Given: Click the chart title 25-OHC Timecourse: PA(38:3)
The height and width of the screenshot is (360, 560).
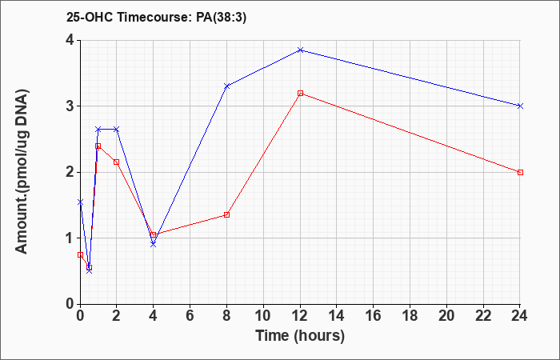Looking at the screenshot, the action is click(x=156, y=18).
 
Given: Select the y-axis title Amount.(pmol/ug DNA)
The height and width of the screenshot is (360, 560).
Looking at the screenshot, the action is click(x=22, y=172).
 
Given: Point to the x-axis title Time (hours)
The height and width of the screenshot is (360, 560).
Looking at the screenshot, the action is click(x=300, y=336).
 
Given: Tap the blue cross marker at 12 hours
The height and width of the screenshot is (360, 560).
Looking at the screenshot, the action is click(x=300, y=50).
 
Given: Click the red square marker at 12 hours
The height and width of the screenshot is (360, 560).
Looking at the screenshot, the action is click(x=300, y=94).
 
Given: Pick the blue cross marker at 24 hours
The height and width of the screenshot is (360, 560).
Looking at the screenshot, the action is click(x=520, y=106).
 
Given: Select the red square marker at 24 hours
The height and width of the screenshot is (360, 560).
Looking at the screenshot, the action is click(x=520, y=173).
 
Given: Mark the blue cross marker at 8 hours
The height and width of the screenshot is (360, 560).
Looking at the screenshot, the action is click(x=226, y=86).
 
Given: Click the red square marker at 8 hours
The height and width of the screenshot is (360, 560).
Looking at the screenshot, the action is click(x=226, y=214).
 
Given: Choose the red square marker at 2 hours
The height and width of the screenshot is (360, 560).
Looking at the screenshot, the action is click(x=117, y=162).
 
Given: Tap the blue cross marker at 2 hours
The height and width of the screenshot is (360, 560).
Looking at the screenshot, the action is click(x=117, y=129).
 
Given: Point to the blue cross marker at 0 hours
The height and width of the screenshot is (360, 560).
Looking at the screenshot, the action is click(x=80, y=202).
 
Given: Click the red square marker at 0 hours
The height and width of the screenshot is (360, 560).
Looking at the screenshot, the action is click(x=80, y=255).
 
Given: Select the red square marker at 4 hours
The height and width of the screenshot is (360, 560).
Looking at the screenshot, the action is click(x=154, y=234).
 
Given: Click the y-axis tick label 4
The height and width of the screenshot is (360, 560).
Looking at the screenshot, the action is click(x=70, y=40).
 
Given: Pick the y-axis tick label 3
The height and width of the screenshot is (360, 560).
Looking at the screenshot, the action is click(x=70, y=106).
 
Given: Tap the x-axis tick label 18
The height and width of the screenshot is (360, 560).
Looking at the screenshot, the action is click(x=410, y=316).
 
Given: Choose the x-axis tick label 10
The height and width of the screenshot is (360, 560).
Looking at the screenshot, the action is click(x=263, y=316).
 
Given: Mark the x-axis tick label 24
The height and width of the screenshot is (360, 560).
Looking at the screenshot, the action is click(x=520, y=316).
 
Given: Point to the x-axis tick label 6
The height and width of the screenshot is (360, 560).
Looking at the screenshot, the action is click(x=190, y=316).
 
